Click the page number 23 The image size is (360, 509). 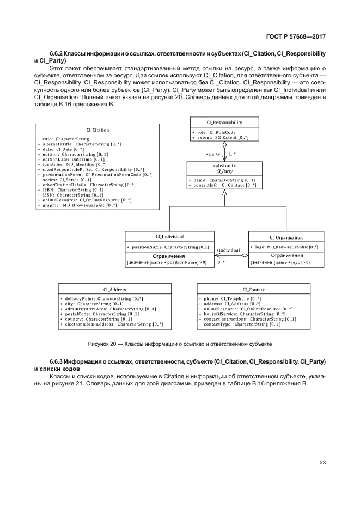(322, 463)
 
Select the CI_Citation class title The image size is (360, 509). (97, 130)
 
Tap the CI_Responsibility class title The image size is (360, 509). (224, 122)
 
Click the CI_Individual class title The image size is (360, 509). (169, 237)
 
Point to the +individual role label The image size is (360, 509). (228, 250)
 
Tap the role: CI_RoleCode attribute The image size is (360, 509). (215, 132)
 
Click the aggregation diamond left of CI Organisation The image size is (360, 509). (245, 255)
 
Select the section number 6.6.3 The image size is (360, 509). (58, 361)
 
